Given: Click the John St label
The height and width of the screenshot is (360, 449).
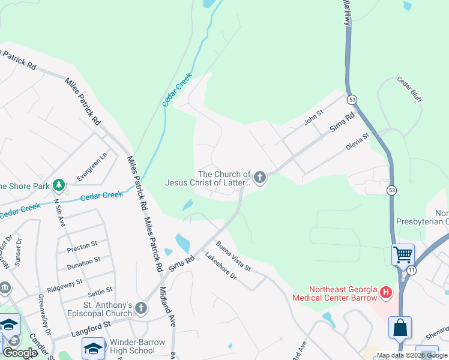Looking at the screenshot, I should [x=313, y=117].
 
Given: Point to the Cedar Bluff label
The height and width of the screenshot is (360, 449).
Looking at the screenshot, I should [x=409, y=88].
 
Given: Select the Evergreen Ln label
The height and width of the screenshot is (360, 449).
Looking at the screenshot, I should [x=92, y=166].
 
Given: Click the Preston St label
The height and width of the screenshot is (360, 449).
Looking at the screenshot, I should [x=82, y=245].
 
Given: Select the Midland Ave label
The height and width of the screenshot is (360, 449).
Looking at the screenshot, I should [x=166, y=306].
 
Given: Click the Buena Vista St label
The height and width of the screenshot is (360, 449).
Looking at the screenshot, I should [x=233, y=256].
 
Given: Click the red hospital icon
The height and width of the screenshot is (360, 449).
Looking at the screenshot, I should [x=386, y=293].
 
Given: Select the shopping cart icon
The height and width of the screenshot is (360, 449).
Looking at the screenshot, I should [x=403, y=254].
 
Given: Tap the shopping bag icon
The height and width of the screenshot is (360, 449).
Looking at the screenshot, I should [x=400, y=328].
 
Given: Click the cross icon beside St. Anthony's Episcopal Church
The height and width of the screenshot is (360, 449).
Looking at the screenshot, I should [x=140, y=308].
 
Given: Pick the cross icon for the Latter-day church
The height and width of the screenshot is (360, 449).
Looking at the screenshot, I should [x=259, y=177].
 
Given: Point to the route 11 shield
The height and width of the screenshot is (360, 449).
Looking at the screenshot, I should [x=411, y=271].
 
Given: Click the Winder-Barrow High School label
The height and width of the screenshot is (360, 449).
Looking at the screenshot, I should [x=137, y=346].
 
